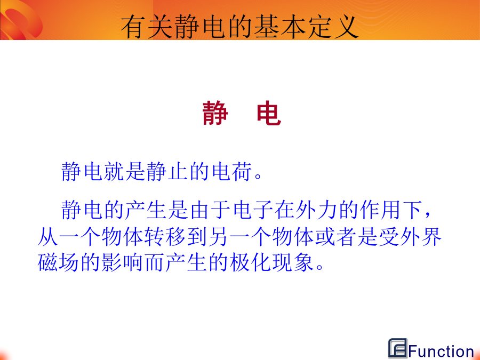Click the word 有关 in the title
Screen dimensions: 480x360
click(148, 27)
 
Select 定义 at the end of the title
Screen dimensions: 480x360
click(333, 27)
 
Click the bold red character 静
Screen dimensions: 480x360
click(215, 113)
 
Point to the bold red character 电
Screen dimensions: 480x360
click(269, 113)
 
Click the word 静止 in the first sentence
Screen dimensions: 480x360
click(167, 171)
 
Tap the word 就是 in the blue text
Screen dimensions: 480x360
click(124, 171)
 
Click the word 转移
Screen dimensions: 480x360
click(165, 237)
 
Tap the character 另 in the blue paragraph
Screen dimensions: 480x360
click(218, 237)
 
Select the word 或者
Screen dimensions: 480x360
click(335, 237)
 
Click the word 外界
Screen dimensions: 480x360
click(421, 237)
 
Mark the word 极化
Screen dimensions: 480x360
click(250, 262)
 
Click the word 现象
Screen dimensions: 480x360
click(293, 262)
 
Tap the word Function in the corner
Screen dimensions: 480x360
click(442, 351)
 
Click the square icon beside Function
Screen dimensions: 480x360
click(398, 348)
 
